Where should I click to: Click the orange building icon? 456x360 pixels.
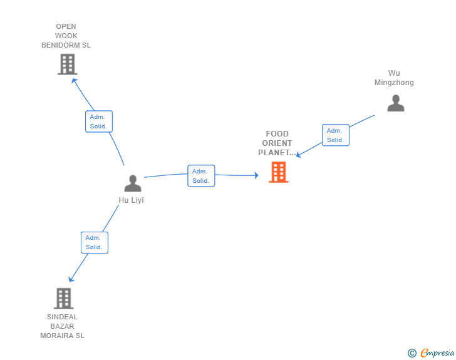tap(279, 172)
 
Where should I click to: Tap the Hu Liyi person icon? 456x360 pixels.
tap(133, 183)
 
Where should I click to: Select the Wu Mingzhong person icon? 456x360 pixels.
tap(395, 103)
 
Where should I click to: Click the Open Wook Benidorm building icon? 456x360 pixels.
tap(68, 64)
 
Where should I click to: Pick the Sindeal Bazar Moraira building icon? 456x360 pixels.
tap(64, 299)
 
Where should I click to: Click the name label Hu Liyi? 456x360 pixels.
tap(131, 200)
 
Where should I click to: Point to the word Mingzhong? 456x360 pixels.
tap(394, 83)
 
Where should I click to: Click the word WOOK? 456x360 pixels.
tap(66, 36)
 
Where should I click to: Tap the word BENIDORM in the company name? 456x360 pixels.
tap(61, 45)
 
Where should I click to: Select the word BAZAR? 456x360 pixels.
tap(62, 326)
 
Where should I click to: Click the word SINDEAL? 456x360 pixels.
tap(62, 317)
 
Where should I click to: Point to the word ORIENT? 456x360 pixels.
tap(277, 143)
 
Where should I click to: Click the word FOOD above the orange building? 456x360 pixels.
tap(277, 134)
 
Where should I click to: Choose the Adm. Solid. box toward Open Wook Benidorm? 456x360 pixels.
tap(99, 121)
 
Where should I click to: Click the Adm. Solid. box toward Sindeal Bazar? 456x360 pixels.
tap(95, 242)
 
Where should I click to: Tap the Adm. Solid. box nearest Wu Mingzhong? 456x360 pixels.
tap(336, 135)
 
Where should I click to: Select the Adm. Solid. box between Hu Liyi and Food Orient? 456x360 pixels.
tap(201, 176)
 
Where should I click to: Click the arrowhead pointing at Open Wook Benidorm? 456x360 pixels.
tap(74, 81)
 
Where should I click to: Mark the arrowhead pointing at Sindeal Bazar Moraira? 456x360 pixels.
tap(71, 279)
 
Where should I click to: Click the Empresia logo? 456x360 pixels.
tap(431, 353)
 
